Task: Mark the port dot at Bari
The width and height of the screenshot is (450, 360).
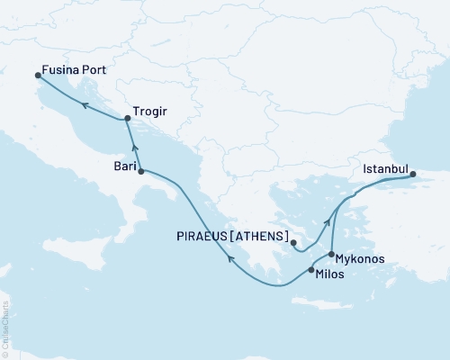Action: (140, 169)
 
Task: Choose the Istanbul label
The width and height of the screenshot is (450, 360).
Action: (386, 168)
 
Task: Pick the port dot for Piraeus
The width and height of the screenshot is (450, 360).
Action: (294, 243)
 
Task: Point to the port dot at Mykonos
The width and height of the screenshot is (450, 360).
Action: (332, 255)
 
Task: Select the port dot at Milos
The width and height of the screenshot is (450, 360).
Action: (310, 270)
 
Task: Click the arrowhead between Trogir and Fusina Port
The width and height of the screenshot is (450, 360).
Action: (84, 105)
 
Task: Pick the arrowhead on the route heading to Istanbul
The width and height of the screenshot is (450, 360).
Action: (339, 204)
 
